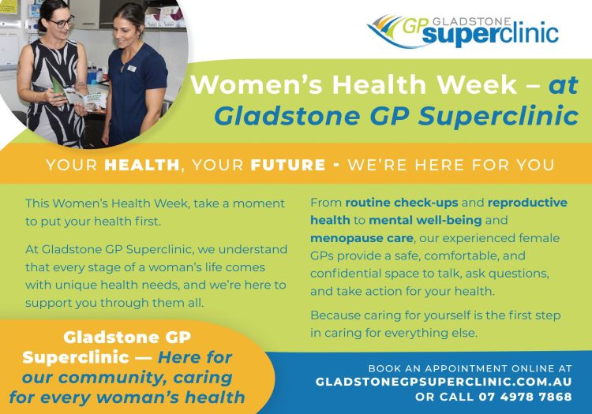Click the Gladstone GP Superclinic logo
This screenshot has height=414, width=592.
pyautogui.click(x=463, y=29)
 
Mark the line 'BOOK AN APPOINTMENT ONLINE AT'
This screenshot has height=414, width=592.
pyautogui.click(x=470, y=367)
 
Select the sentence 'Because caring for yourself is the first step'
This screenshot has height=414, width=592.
pyautogui.click(x=435, y=315)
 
